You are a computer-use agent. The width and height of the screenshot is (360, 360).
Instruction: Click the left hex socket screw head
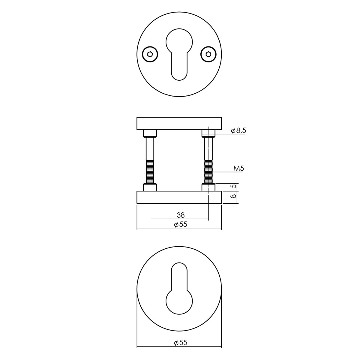click(150, 54)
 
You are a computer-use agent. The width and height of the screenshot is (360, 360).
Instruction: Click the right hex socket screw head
click(208, 54)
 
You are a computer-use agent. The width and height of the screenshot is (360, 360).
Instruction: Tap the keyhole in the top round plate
click(179, 54)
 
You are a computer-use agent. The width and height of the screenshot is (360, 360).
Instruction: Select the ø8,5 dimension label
click(238, 131)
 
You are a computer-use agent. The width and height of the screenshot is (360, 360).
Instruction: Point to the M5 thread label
click(238, 169)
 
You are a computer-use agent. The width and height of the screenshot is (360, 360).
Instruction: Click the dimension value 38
click(181, 215)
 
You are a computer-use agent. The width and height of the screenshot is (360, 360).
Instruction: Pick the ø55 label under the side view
click(181, 224)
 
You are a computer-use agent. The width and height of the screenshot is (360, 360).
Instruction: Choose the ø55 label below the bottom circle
click(181, 348)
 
